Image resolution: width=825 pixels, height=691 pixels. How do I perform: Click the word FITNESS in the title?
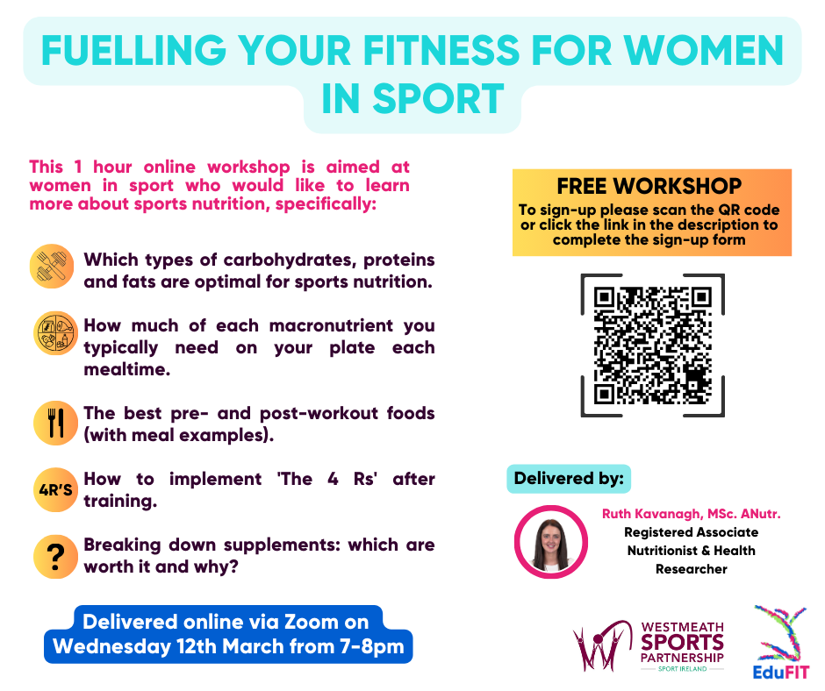(x=441, y=51)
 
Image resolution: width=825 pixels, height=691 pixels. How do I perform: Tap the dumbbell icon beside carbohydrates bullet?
(x=52, y=266)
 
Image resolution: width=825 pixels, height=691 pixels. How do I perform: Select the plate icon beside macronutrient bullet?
(x=55, y=333)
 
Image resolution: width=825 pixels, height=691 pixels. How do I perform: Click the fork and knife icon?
(x=55, y=423)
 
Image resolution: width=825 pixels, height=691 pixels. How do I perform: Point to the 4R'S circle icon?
(x=55, y=489)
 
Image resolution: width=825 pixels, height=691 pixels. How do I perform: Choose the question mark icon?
(x=55, y=556)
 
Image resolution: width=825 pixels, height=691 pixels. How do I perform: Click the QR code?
(x=652, y=345)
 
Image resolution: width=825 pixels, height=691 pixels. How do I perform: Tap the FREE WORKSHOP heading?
(x=649, y=186)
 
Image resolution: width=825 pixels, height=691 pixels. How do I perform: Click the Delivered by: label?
(x=569, y=479)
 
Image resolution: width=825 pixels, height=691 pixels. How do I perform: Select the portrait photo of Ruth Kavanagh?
(x=551, y=542)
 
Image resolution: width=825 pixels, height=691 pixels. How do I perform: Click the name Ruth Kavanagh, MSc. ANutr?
(x=692, y=514)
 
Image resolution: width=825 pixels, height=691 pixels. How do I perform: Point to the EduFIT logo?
(x=781, y=643)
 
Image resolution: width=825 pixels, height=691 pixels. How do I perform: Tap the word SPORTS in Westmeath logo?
(x=682, y=643)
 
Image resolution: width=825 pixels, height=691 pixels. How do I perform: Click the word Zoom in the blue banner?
(x=311, y=622)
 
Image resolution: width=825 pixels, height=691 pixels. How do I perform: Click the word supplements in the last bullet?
(x=283, y=545)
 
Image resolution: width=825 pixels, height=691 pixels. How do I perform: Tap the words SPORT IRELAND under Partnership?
(x=683, y=669)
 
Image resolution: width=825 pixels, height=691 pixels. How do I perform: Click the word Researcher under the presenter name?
(x=692, y=569)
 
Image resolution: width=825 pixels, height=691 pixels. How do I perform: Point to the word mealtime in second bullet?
(x=126, y=370)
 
